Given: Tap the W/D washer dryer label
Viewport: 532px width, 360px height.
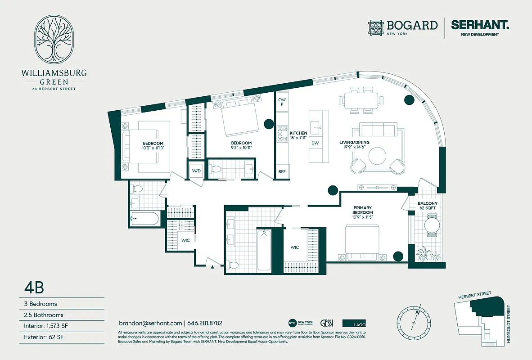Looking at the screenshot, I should point(197,171).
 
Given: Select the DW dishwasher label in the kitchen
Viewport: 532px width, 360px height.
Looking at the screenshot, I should point(315,143).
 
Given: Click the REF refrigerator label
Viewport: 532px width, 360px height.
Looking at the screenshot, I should point(282,172).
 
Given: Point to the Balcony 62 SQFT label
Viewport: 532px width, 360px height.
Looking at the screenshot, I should point(427,206).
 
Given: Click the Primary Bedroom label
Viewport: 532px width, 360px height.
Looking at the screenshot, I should point(362,210).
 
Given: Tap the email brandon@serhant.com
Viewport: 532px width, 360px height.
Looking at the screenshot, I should point(150,323).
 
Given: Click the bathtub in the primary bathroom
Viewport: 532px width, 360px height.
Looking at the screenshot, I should point(264,250).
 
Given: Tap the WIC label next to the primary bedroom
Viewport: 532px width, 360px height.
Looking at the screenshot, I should point(295,247).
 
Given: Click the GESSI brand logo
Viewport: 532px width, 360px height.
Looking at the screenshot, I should point(327,323).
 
